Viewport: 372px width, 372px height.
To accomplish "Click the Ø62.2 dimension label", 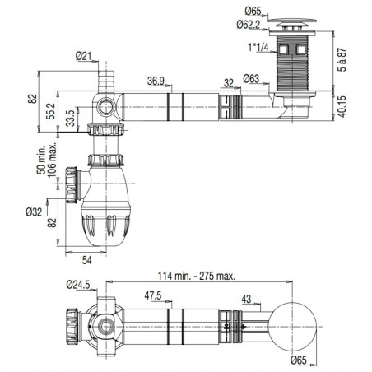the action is [249, 25].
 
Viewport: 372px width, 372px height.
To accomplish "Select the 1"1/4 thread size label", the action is [258, 47].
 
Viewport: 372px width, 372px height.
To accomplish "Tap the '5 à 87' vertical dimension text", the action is [342, 59].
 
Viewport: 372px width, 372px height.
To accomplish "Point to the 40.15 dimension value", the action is [342, 106].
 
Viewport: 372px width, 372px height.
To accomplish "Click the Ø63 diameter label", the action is [251, 79].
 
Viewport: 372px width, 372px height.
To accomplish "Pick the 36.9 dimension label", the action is [156, 81].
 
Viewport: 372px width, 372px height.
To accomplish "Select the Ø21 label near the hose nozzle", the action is [83, 56].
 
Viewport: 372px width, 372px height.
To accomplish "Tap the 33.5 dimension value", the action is [71, 119].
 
